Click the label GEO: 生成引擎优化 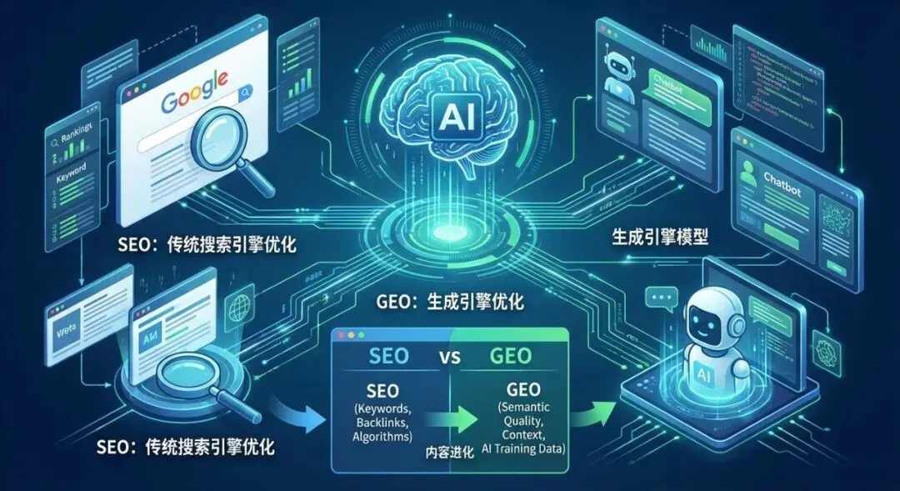pyautogui.click(x=450, y=303)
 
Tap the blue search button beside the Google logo pyautogui.click(x=245, y=96)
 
